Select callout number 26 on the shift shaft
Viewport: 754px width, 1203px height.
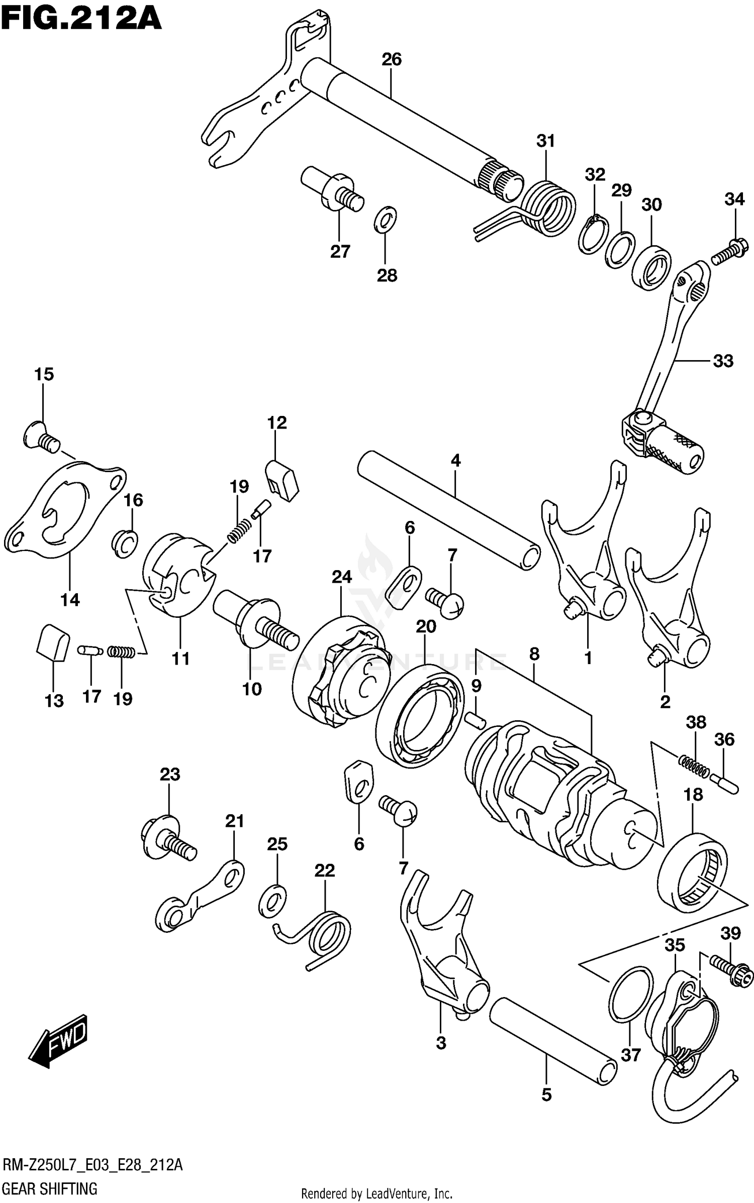[392, 60]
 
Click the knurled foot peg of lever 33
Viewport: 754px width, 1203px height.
[674, 451]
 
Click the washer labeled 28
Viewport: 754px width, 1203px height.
[386, 220]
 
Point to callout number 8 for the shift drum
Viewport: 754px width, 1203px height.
[534, 654]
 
